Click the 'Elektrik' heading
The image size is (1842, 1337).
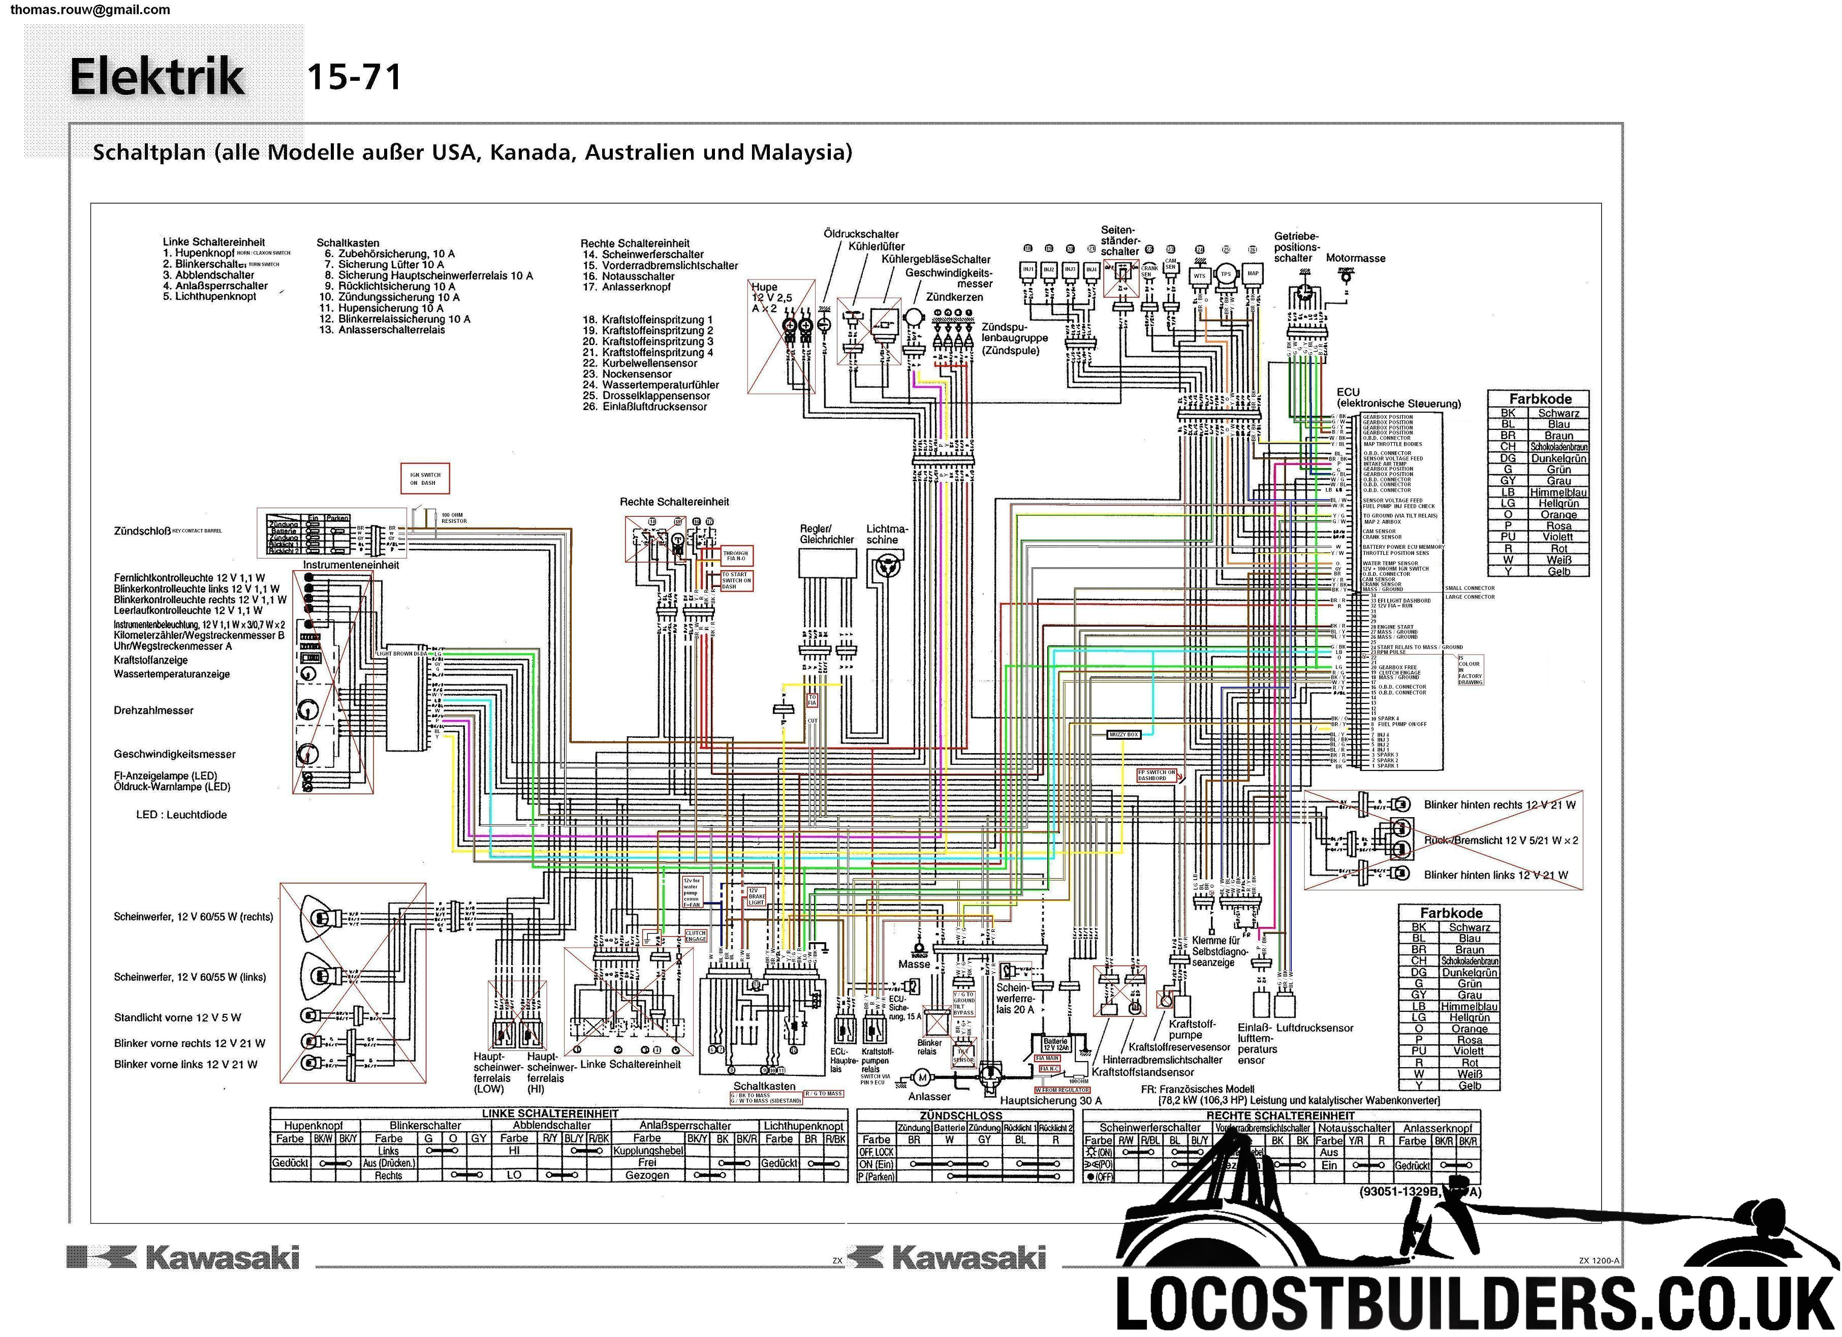tap(157, 77)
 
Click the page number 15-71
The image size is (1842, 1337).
tap(354, 78)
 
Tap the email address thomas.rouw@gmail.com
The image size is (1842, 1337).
tap(90, 10)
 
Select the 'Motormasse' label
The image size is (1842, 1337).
tap(1356, 258)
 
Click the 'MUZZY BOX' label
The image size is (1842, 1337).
tap(1124, 734)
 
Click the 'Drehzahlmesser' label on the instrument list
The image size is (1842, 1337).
tap(153, 711)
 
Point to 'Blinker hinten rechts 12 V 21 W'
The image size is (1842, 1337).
tap(1500, 805)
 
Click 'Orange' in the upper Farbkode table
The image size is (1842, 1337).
tap(1558, 515)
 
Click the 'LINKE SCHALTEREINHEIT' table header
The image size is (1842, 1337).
tap(550, 1113)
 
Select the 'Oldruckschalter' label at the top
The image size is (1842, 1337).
tap(861, 234)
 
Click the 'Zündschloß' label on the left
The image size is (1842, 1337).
tap(142, 531)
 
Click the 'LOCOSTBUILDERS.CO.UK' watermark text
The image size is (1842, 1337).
tap(1474, 1301)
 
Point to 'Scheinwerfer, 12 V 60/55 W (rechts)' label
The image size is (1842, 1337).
tap(193, 917)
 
